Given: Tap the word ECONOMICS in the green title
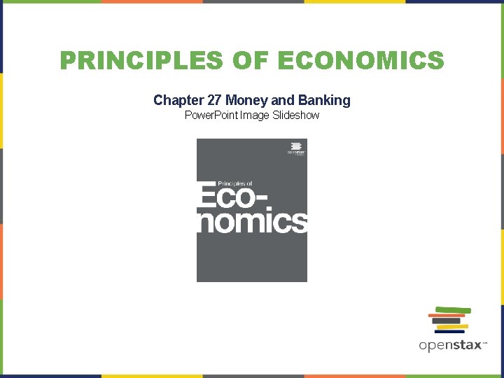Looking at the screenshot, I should click(360, 60).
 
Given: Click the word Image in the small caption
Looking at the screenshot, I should click(253, 115).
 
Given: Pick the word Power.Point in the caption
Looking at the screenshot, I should click(211, 115).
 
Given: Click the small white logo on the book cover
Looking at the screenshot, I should click(295, 149).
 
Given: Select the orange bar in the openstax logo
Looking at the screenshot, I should click(447, 316).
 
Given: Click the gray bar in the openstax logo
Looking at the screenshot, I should click(446, 321).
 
